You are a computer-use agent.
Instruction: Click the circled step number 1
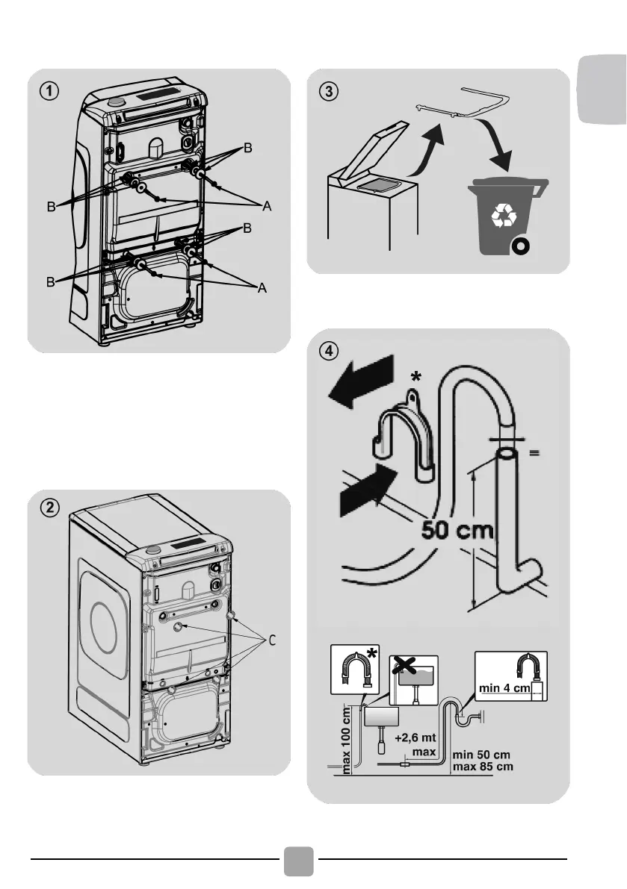point(47,91)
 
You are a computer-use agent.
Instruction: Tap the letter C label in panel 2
point(272,640)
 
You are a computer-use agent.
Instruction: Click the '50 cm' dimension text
point(457,531)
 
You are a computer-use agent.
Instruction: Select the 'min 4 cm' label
point(504,687)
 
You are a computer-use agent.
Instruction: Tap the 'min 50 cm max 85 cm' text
point(484,761)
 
